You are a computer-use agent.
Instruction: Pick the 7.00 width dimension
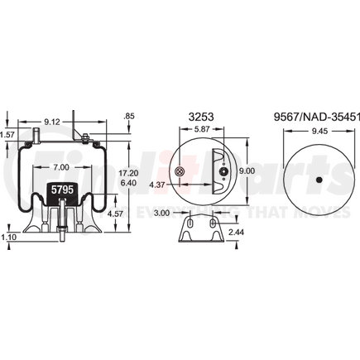pyautogui.click(x=57, y=169)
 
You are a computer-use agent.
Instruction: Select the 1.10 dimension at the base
pyautogui.click(x=8, y=238)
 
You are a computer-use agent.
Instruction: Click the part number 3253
pyautogui.click(x=199, y=118)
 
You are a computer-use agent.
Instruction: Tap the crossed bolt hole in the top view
pyautogui.click(x=180, y=171)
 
